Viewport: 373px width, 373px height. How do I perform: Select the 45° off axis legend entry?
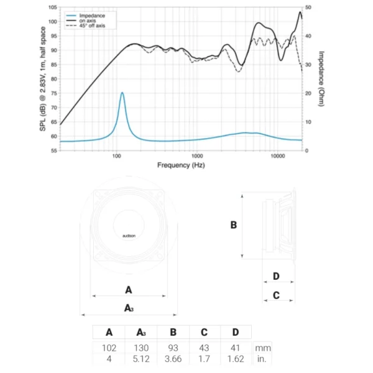tap(93, 25)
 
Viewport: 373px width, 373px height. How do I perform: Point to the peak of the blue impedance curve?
tap(122, 93)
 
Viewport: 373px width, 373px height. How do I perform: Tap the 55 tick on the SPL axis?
tap(54, 150)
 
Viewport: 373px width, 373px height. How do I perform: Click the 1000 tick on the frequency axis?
tap(197, 156)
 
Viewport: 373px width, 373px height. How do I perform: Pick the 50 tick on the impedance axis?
tap(308, 7)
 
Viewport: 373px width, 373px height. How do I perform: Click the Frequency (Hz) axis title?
tap(180, 165)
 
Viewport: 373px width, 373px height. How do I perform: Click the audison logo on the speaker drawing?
tap(129, 236)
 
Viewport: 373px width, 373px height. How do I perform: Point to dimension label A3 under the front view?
tap(129, 308)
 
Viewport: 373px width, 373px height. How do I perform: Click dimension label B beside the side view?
tap(234, 225)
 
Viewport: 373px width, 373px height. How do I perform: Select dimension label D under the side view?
tap(276, 276)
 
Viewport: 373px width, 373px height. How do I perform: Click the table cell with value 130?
tap(141, 348)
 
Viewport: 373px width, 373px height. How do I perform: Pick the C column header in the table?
tap(205, 332)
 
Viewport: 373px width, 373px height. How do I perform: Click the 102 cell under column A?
tap(109, 348)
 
